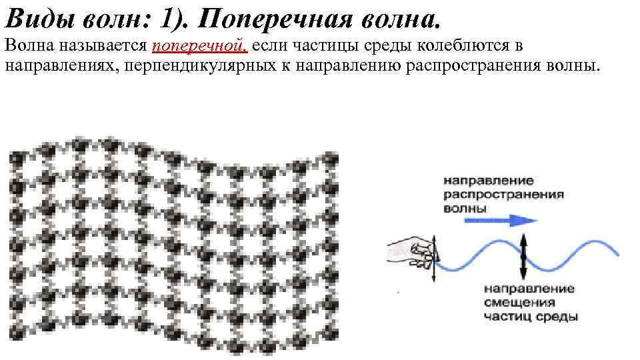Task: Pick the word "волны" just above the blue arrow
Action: pyautogui.click(x=465, y=207)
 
